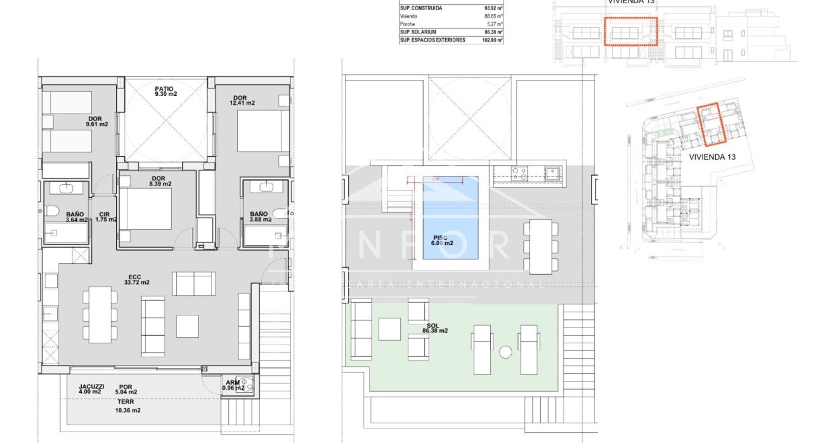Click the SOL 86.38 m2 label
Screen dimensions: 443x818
[x=436, y=327]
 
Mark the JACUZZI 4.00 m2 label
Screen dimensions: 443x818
[x=91, y=388]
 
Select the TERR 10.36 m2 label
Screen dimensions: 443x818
[x=127, y=406]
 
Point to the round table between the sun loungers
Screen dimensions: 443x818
[x=505, y=352]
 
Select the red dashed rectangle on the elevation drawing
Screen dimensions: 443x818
[x=630, y=31]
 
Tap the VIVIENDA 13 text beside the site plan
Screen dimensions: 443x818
[x=711, y=156]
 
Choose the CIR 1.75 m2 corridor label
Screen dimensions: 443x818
[x=104, y=217]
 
